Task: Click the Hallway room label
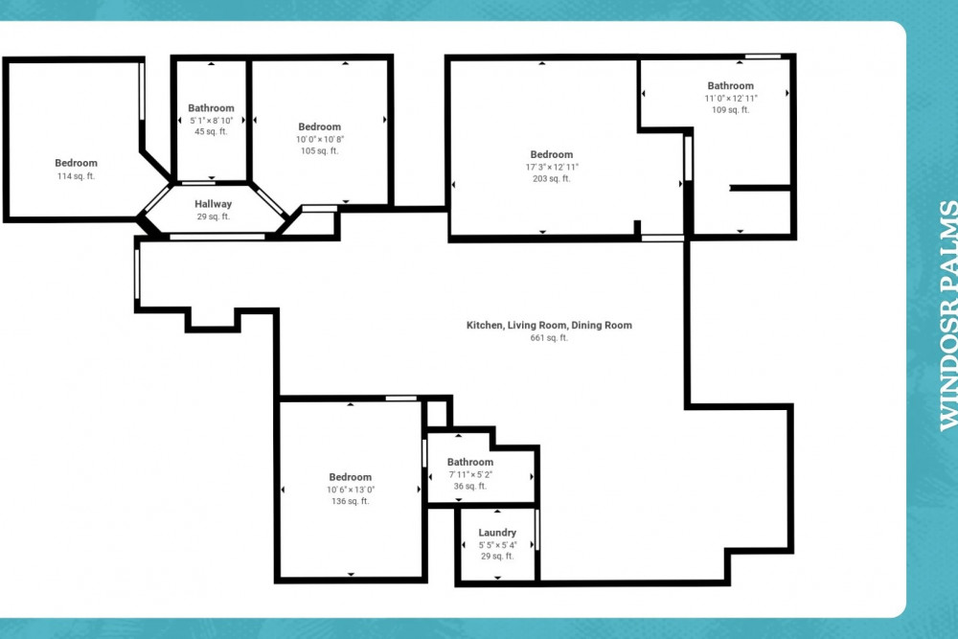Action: [213, 204]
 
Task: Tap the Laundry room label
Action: [497, 533]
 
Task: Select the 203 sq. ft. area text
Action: [552, 179]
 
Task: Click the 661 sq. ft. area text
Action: [549, 338]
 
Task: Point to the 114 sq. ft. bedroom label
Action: [76, 163]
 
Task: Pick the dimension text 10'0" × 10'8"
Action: [319, 139]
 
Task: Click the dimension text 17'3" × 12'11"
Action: [552, 167]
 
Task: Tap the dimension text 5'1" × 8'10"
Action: [211, 121]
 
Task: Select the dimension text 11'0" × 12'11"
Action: [731, 98]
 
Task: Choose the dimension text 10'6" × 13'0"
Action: [351, 490]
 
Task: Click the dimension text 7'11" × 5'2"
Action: [469, 474]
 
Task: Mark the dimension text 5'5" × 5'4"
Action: [497, 545]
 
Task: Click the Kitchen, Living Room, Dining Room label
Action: [549, 326]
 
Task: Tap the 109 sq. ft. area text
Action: [731, 110]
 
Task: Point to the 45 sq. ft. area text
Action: [211, 132]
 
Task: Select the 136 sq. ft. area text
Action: [351, 502]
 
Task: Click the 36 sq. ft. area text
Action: [469, 487]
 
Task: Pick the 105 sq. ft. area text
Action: [319, 151]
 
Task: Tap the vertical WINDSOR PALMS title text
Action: [947, 314]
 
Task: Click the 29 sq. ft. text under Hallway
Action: [213, 217]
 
